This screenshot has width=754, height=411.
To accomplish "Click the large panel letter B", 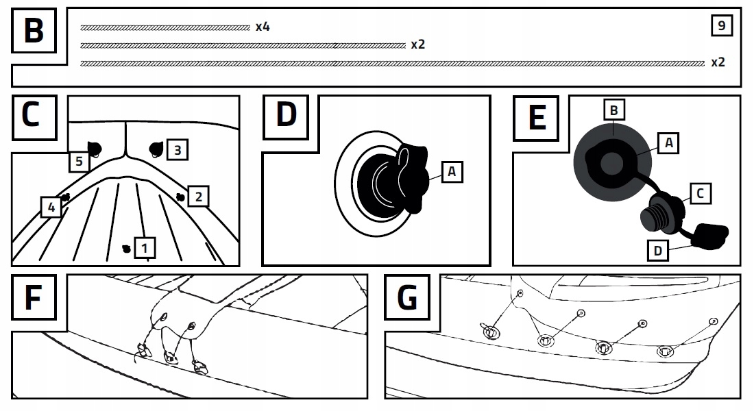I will point(33,32).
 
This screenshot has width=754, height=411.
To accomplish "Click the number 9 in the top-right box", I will point(720,26).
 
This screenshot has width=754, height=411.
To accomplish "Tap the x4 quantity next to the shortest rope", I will point(263,27).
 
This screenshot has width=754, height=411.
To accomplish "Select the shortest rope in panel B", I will point(165,27).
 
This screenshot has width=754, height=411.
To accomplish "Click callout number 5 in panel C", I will point(79,162).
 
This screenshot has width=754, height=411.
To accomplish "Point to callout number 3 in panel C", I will point(177,149).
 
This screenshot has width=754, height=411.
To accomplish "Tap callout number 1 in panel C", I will point(145,247).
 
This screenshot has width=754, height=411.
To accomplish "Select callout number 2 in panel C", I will point(198,197).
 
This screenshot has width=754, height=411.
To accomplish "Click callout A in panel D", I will point(452,171).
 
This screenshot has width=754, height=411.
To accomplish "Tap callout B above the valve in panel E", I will point(614,110).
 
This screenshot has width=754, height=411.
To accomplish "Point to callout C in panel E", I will point(698,194).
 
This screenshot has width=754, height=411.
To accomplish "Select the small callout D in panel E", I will point(658,251).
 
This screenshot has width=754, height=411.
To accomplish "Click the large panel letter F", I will point(33,299).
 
